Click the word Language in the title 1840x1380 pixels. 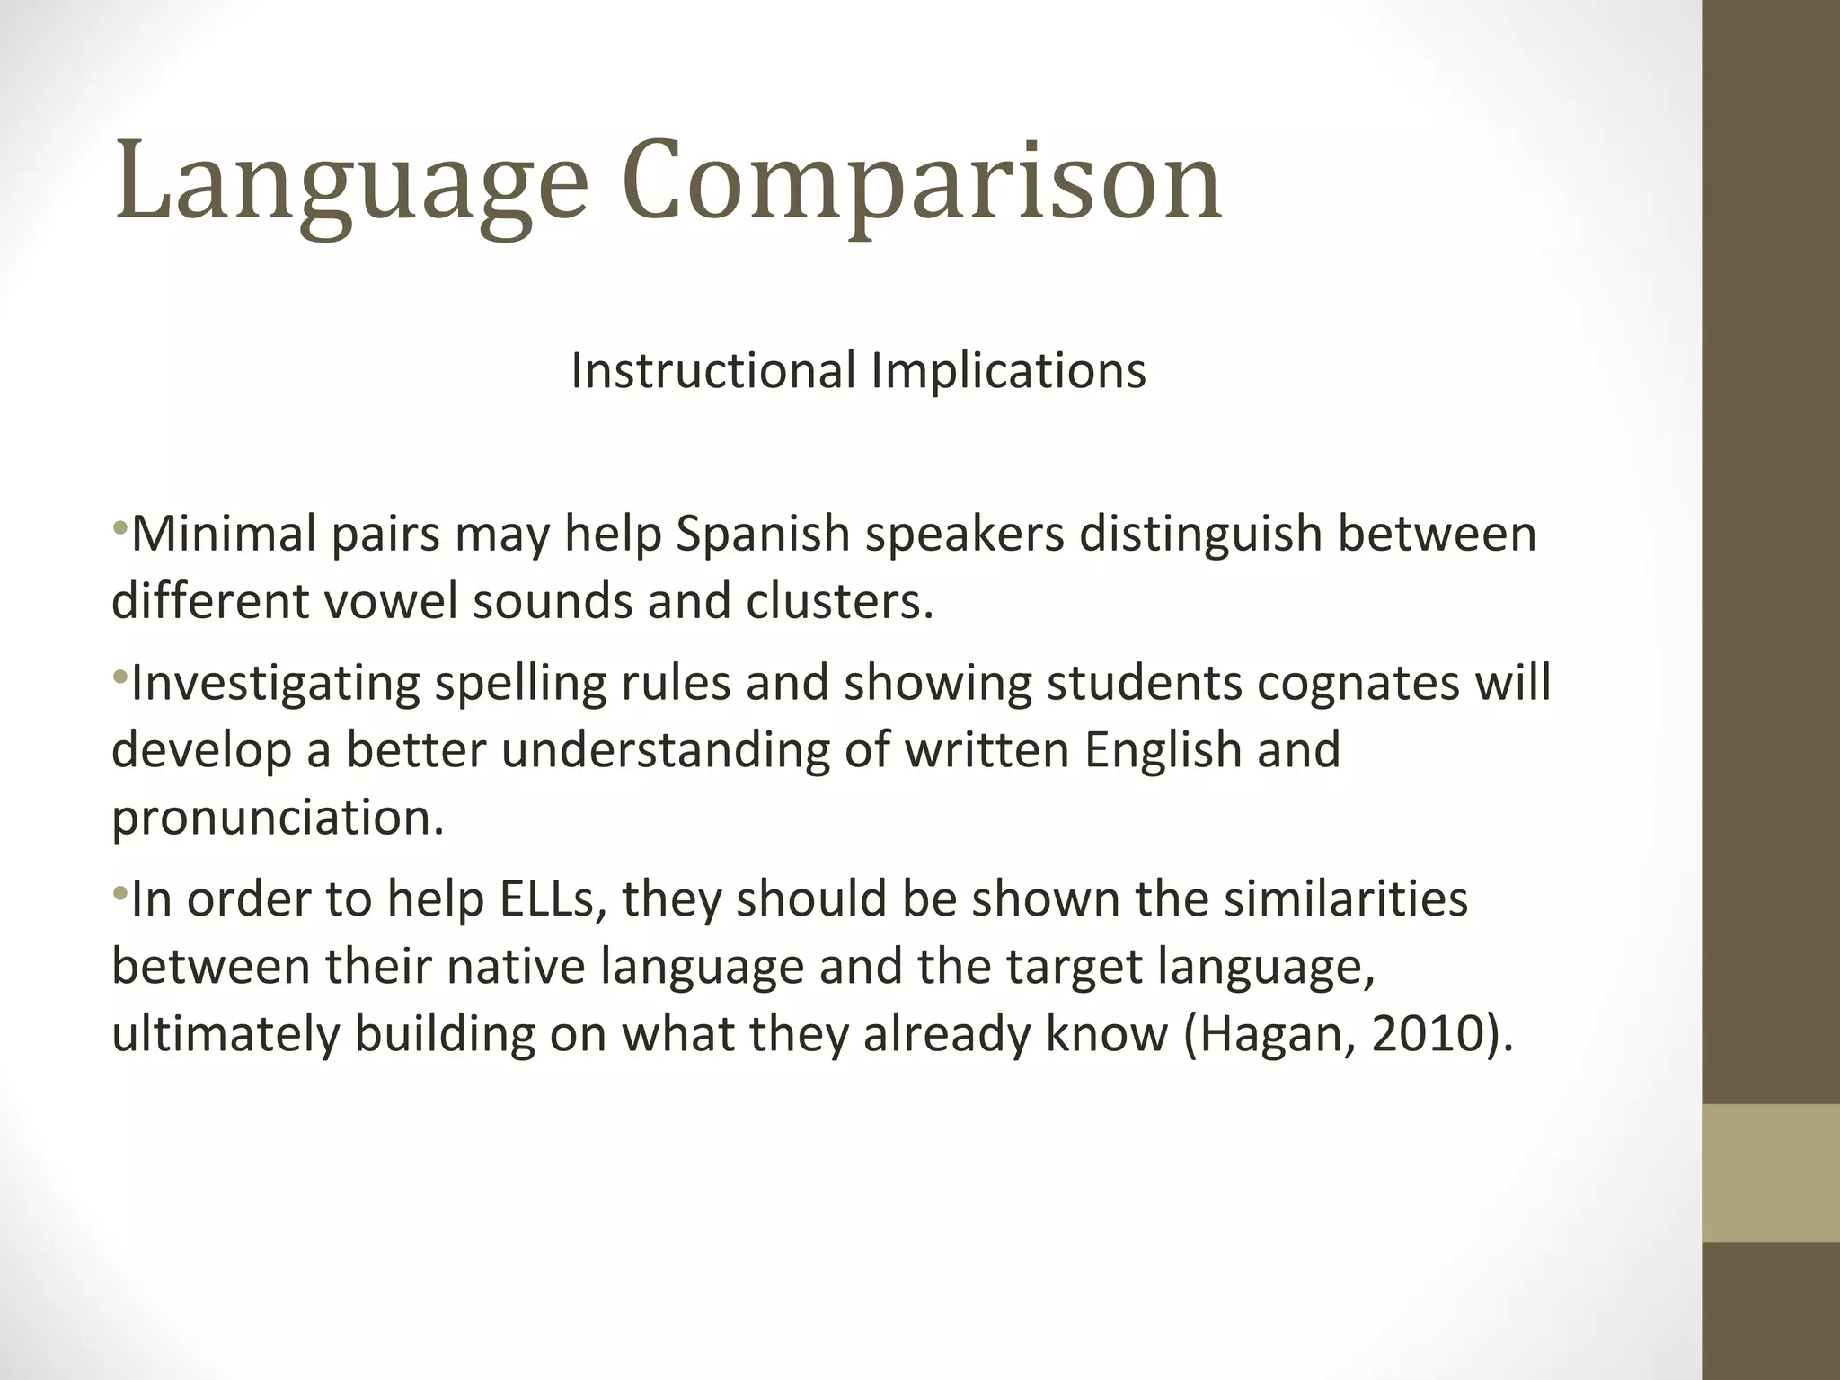[x=350, y=184]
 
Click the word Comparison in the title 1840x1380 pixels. [x=922, y=184]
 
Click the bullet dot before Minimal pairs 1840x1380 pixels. [x=120, y=526]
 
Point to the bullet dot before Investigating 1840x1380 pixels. [x=120, y=675]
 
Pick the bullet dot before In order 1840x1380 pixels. [x=120, y=891]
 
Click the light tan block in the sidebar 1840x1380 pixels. [x=1770, y=1172]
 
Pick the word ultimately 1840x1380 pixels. [x=226, y=1035]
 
